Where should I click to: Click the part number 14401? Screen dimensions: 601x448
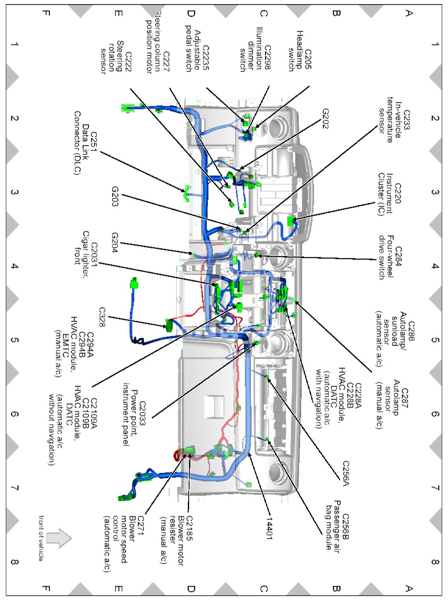[x=269, y=528]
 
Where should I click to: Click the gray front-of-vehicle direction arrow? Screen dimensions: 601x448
[x=59, y=538]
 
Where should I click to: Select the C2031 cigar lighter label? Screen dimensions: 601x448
[x=86, y=253]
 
